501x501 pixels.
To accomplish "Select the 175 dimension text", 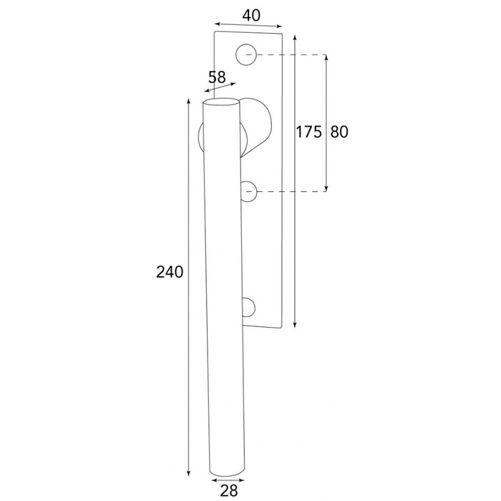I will [x=308, y=132].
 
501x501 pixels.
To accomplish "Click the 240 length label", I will [x=171, y=272].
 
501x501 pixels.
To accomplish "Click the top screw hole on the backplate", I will [x=247, y=53].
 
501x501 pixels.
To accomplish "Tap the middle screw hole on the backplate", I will [x=248, y=191].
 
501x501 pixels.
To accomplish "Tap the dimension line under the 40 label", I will [x=249, y=28].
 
